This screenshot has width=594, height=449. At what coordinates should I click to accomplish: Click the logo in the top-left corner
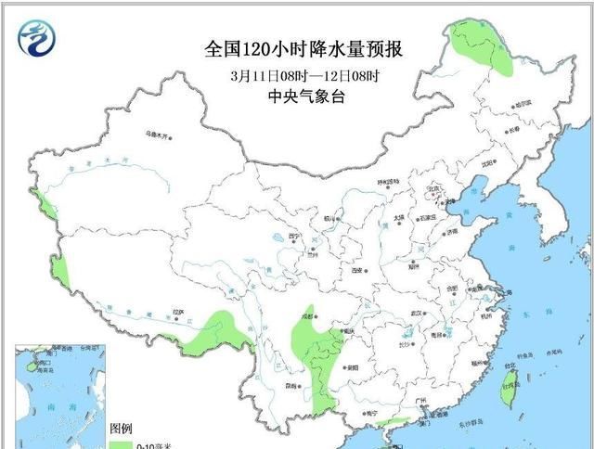[x=36, y=36]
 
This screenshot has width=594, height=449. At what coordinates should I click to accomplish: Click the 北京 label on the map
[x=432, y=189]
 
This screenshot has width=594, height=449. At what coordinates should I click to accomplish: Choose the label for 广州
[x=420, y=400]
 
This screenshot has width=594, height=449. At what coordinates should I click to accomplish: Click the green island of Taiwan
[x=507, y=391]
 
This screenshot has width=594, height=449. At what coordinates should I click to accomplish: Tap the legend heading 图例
[x=122, y=430]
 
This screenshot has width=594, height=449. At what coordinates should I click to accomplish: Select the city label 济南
[x=451, y=231]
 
